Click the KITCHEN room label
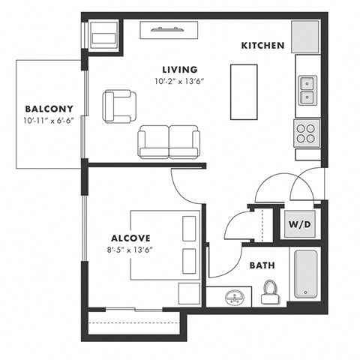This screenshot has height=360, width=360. (262, 46)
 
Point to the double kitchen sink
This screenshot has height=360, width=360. (307, 91)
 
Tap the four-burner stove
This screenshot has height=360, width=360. (306, 133)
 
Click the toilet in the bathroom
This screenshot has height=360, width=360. (270, 291)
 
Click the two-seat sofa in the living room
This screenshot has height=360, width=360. (169, 141)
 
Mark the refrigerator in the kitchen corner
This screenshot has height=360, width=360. (307, 35)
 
